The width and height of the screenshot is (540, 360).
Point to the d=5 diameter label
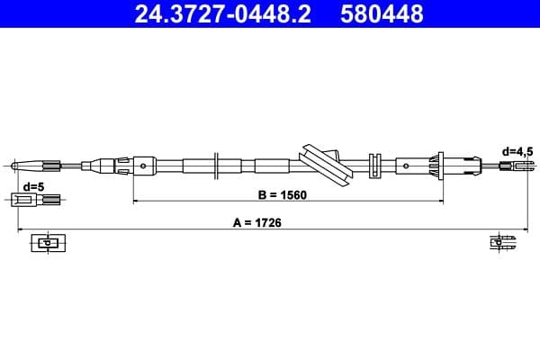coord(33,186)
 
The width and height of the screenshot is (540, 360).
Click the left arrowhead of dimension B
coord(137,200)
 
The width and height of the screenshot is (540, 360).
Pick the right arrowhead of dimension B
coord(438,200)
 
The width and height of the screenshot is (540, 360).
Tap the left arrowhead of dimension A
coord(22,229)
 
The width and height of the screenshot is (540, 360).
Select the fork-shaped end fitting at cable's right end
coord(514,166)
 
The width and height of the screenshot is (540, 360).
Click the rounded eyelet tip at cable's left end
coord(16,165)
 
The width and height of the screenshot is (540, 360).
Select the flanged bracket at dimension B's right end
coord(440,166)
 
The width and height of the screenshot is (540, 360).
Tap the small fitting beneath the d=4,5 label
coord(514,166)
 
